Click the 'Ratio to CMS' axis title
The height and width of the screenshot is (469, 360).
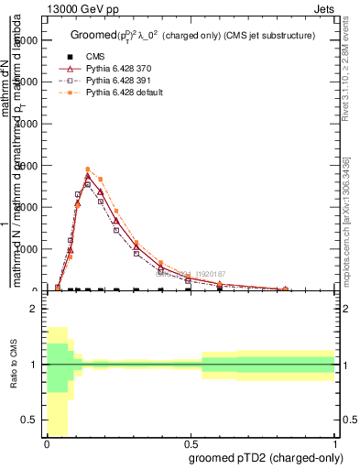pyautogui.click(x=14, y=365)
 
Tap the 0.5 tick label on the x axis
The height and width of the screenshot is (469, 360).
pyautogui.click(x=191, y=444)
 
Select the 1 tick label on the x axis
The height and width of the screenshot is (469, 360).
pyautogui.click(x=335, y=444)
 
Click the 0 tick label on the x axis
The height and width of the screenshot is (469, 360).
pyautogui.click(x=47, y=444)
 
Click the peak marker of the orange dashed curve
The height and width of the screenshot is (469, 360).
pyautogui.click(x=87, y=169)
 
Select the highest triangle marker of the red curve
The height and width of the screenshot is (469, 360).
pyautogui.click(x=87, y=176)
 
